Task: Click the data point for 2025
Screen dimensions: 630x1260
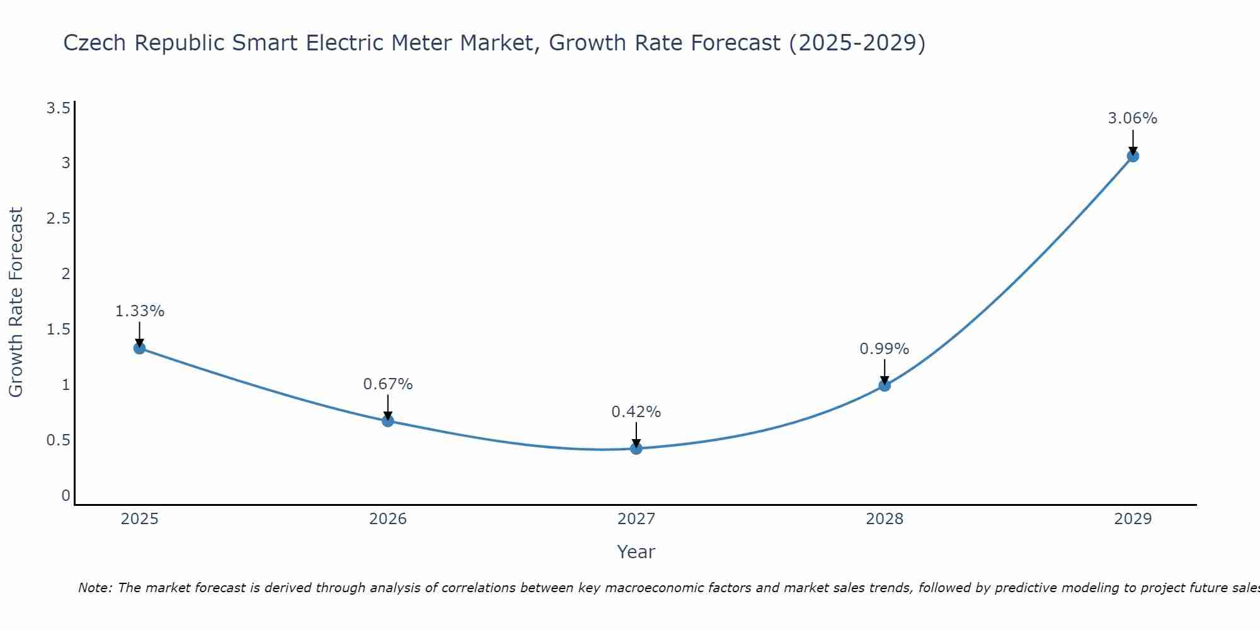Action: (x=139, y=348)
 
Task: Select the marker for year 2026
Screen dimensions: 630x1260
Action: (x=387, y=421)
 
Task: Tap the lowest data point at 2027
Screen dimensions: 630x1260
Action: (x=636, y=449)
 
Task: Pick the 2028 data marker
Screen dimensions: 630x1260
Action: (x=884, y=386)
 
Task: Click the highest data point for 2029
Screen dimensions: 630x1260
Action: (x=1132, y=156)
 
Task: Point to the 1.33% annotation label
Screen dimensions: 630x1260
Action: (x=139, y=311)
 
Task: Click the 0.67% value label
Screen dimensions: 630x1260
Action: (x=387, y=384)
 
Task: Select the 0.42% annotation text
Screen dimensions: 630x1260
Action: (x=636, y=412)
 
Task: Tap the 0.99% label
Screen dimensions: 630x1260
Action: (x=884, y=349)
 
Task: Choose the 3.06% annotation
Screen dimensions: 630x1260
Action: (x=1132, y=118)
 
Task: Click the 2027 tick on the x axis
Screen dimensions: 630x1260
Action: (x=636, y=519)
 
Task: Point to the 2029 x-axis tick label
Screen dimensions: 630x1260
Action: (x=1132, y=519)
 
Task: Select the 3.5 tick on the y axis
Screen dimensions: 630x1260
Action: (x=58, y=108)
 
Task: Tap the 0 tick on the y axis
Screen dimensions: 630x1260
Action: (x=66, y=496)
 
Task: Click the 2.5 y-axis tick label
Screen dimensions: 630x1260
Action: (x=58, y=219)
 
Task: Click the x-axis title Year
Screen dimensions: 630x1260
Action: (x=636, y=552)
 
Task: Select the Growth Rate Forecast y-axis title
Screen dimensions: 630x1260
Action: (x=16, y=302)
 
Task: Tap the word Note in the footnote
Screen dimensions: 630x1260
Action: (x=94, y=588)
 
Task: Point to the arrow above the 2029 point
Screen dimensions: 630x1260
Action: (x=1132, y=142)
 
